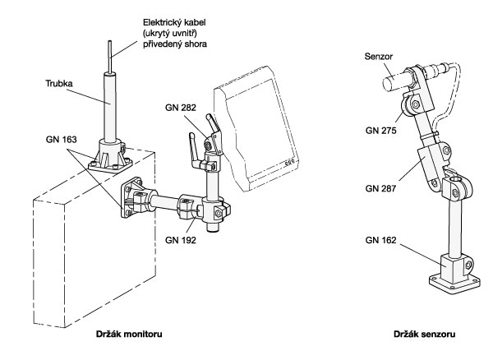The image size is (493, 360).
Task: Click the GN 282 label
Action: pyautogui.click(x=181, y=108)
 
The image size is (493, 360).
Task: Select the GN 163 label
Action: pyautogui.click(x=62, y=139)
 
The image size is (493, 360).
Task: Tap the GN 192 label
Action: pyautogui.click(x=181, y=240)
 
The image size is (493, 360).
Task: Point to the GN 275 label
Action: pyautogui.click(x=380, y=131)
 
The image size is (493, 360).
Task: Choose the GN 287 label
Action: pyautogui.click(x=380, y=189)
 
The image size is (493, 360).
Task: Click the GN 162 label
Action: pyautogui.click(x=380, y=240)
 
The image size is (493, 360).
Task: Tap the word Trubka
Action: pyautogui.click(x=59, y=83)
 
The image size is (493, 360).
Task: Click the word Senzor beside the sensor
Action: pyautogui.click(x=379, y=57)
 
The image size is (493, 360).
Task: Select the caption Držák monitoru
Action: pyautogui.click(x=129, y=334)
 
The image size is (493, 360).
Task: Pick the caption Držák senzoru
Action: pyautogui.click(x=424, y=334)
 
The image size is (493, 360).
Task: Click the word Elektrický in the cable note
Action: pyautogui.click(x=161, y=23)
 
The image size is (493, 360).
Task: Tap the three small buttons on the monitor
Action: pyautogui.click(x=290, y=162)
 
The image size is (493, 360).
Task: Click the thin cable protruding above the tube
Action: pyautogui.click(x=109, y=57)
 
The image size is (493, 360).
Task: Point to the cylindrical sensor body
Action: pyautogui.click(x=397, y=81)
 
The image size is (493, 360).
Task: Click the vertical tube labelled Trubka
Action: pyautogui.click(x=110, y=107)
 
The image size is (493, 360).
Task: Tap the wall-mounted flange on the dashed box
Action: pyautogui.click(x=131, y=197)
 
